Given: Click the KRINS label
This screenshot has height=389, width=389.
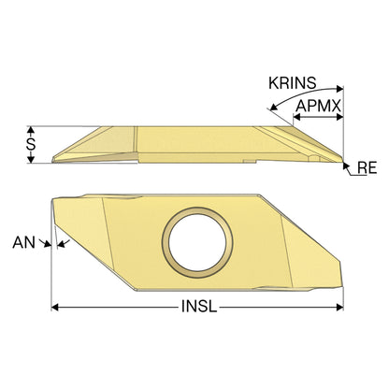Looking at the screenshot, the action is pos(293,83).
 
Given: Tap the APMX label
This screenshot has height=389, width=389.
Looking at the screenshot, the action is pos(318,106).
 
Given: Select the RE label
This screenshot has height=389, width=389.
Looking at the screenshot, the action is pos(367,167).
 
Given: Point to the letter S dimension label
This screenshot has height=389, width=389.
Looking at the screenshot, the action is pos(31,144).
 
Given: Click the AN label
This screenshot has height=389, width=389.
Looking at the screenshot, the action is pos(23,242).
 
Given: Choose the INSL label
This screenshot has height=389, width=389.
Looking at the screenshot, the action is pos(199,307).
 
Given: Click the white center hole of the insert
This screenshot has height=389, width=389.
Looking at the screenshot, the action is pos(197,242).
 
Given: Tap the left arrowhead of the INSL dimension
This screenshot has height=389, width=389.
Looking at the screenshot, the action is pos(55,308).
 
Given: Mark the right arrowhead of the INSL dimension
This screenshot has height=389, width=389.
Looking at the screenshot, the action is pos(339,308).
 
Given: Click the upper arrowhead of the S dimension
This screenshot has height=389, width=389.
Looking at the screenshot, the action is pos(30,130).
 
